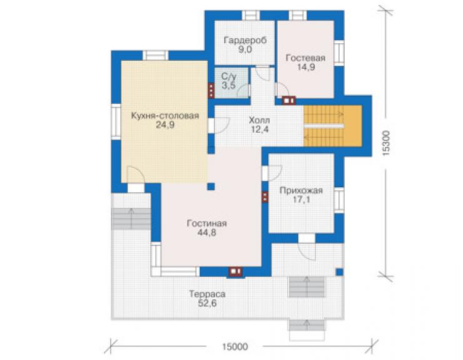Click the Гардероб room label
point(245,40)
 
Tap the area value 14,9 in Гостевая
point(305,67)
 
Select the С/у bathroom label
point(229,76)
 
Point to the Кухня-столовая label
point(165,116)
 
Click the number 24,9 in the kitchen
point(165,125)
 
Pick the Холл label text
point(259,120)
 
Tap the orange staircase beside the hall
point(333,126)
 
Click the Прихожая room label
point(301,190)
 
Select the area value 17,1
point(301,200)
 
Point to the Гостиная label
point(206,223)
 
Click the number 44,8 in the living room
point(206,233)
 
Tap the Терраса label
point(207,294)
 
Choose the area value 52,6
point(207,304)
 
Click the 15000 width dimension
point(235,347)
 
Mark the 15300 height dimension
point(385,143)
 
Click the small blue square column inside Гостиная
point(211,187)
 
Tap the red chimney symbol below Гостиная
point(236,271)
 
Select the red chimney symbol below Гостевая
point(289,101)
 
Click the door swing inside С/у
point(243,90)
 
